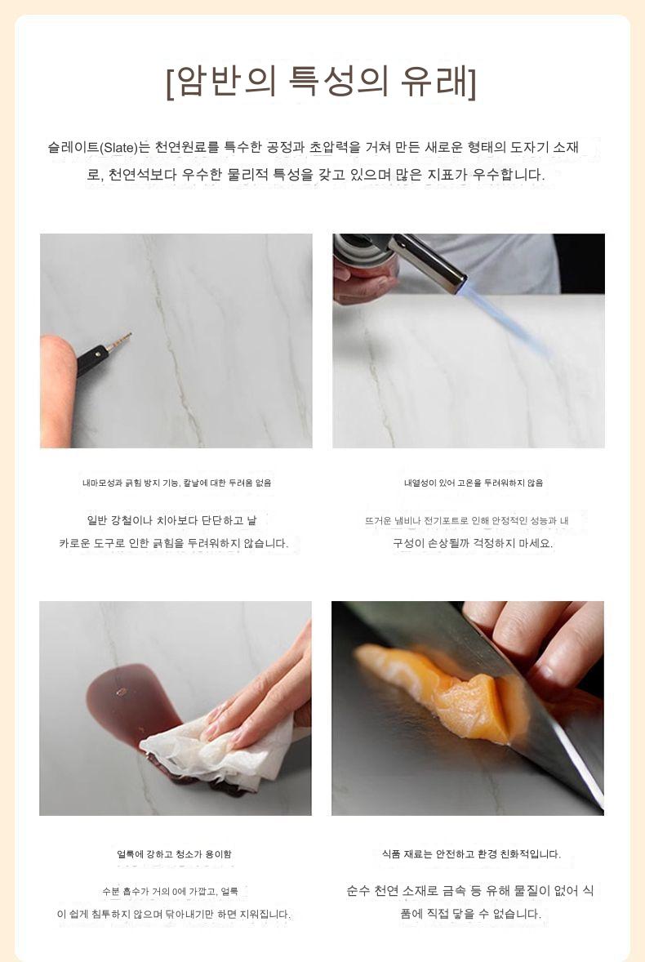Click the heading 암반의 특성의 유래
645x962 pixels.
(321, 82)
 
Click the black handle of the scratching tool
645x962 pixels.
(92, 361)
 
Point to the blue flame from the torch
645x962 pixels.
(503, 321)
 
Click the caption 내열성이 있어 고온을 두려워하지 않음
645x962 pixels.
(474, 483)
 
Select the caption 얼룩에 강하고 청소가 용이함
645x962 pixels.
(175, 854)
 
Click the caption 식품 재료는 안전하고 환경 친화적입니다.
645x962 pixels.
(471, 854)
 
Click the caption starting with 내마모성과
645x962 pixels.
(176, 483)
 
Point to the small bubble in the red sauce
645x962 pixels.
(121, 692)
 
